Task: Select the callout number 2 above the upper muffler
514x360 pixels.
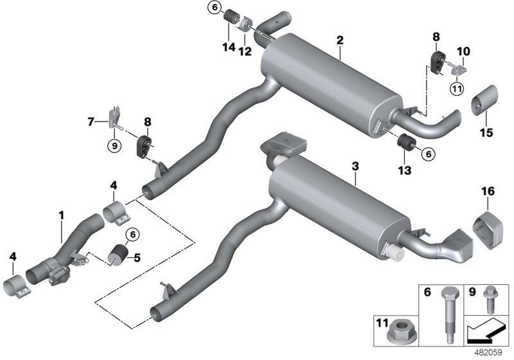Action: (x=340, y=40)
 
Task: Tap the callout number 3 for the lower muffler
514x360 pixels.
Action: (x=356, y=166)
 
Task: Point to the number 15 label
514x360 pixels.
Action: (x=485, y=133)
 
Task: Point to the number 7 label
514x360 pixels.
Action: (x=91, y=120)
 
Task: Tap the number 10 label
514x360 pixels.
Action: (x=464, y=51)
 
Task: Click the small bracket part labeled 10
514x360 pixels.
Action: (x=460, y=66)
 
